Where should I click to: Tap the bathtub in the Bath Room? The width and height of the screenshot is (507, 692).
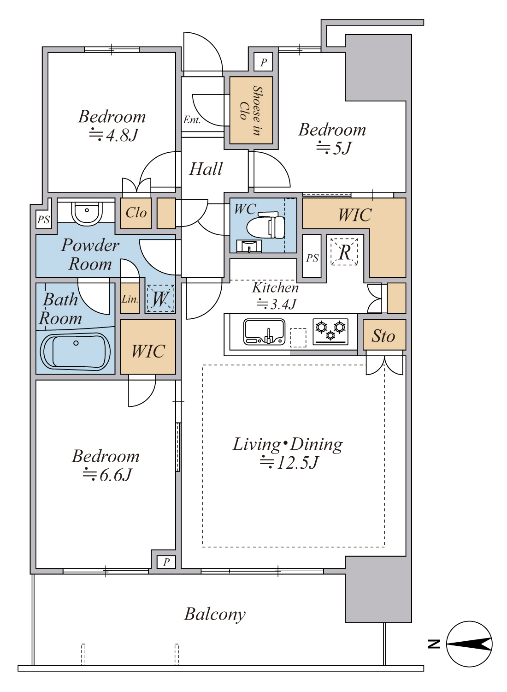(75, 352)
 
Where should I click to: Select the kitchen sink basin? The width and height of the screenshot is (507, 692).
(264, 332)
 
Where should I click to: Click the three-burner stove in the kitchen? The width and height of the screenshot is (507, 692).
(330, 332)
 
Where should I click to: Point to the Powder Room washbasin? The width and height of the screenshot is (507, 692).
(87, 213)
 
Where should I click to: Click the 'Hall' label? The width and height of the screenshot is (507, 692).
(206, 169)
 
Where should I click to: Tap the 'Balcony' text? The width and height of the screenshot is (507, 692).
(215, 614)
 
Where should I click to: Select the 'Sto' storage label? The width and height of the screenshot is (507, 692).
(383, 336)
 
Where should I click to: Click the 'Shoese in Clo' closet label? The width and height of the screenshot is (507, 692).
(251, 110)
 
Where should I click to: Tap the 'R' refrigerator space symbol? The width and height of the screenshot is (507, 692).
(344, 252)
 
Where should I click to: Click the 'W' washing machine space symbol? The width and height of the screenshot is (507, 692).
(160, 298)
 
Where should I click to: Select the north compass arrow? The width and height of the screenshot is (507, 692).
(469, 644)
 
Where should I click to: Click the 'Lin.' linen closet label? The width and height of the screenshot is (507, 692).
(130, 299)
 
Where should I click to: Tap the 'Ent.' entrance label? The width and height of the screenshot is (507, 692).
(192, 119)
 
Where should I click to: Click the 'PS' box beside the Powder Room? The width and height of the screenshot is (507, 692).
(43, 220)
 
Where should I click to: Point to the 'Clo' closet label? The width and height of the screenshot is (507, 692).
(136, 213)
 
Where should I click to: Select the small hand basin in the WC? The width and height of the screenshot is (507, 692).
(249, 246)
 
